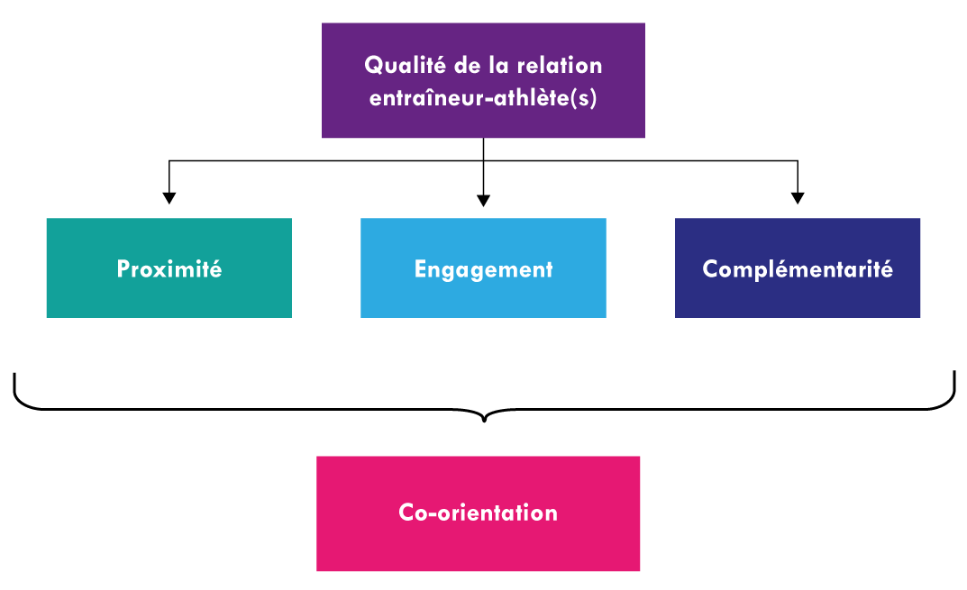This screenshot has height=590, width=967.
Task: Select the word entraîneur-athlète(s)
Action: point(483,97)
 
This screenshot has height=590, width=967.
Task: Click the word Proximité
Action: point(169,268)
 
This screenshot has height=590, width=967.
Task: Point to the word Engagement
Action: point(483,268)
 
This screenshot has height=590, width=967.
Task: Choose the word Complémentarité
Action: point(798,268)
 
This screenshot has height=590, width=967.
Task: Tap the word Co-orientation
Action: point(478,513)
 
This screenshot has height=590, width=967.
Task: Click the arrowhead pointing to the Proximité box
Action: point(169,197)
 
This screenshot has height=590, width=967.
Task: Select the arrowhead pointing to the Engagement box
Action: point(483,199)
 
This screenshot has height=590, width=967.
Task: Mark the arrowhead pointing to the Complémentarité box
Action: point(798,197)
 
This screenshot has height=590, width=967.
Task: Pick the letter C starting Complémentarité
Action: point(710,268)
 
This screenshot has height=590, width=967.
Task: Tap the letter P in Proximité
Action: point(123,268)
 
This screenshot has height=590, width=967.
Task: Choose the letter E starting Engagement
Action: point(420,268)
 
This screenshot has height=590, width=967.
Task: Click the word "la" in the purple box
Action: point(507,66)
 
